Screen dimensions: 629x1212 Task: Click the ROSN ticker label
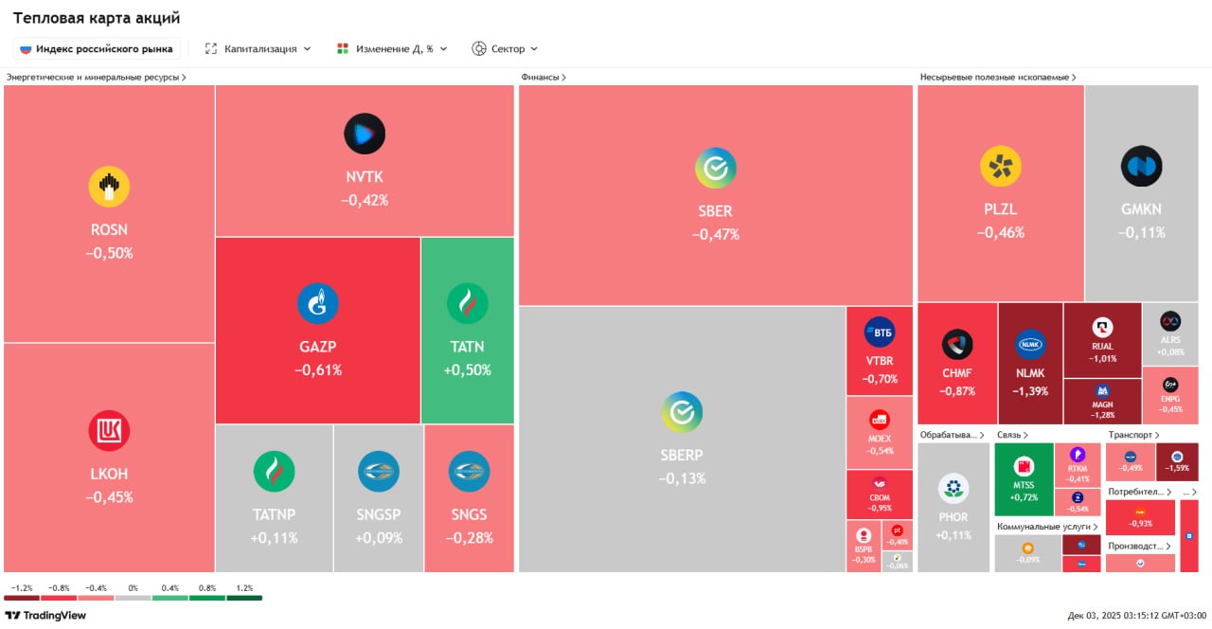point(109,230)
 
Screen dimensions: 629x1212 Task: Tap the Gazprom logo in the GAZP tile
point(318,304)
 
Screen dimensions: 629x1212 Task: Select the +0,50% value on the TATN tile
point(467,370)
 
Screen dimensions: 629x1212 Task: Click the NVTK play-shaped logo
point(365,134)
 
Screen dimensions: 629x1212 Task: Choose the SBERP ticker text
point(682,456)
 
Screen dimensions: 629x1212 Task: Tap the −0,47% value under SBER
point(715,235)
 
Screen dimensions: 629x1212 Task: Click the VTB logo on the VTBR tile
point(879,332)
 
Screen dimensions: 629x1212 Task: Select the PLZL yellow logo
point(1000,167)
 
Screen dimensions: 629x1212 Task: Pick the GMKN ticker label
point(1141,209)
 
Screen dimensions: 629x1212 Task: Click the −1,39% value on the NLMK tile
point(1030,391)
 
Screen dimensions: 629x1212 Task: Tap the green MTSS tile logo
point(1023,466)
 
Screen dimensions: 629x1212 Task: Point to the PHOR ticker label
point(954,517)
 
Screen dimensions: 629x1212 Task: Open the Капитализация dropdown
point(258,48)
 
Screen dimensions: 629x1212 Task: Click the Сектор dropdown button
point(505,48)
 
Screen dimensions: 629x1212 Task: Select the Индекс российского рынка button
point(97,48)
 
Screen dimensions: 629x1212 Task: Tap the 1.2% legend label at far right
point(244,588)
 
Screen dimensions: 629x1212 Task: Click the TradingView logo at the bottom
point(45,615)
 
